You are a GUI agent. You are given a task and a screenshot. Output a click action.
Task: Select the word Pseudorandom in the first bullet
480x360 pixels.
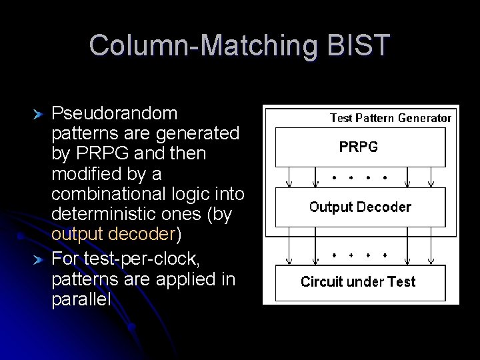pos(114,113)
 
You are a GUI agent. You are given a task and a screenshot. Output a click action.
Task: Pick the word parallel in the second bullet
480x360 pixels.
pos(81,299)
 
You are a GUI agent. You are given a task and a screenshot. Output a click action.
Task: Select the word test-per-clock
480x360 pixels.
pos(137,258)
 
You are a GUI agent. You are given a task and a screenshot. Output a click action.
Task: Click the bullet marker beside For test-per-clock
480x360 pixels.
pos(39,259)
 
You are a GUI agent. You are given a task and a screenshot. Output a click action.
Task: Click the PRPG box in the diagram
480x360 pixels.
pos(360,147)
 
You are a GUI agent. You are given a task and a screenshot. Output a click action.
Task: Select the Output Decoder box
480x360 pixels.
pos(360,207)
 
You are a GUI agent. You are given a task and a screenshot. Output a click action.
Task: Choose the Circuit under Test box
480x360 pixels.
pos(360,282)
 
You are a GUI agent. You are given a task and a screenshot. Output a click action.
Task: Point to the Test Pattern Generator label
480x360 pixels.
pos(391,118)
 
